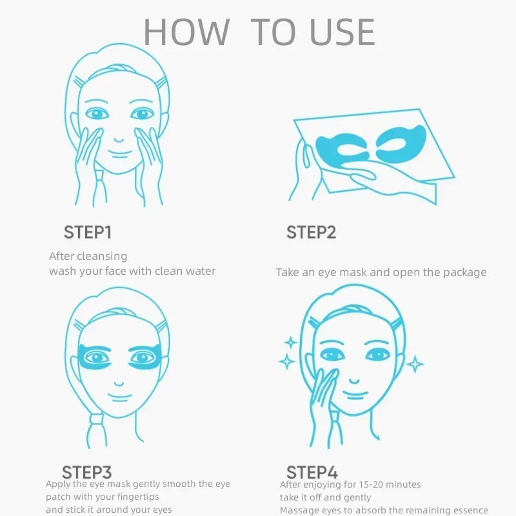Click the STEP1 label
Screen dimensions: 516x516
[x=87, y=232]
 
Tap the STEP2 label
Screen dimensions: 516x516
[x=311, y=232]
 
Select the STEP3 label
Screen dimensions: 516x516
[x=87, y=472]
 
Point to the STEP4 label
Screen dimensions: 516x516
[x=312, y=472]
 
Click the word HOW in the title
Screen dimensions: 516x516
[x=186, y=32]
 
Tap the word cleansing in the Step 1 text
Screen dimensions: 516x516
[x=104, y=257]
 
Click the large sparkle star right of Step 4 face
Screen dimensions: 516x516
[x=415, y=365]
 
